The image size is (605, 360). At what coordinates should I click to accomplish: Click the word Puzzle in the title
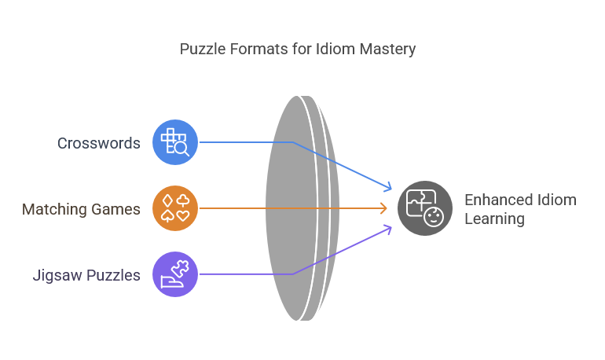(x=202, y=50)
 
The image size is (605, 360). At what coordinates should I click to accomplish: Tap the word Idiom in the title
(x=333, y=50)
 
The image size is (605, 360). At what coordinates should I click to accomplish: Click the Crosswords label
(x=99, y=143)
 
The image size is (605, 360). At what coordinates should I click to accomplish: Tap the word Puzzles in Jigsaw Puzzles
(x=115, y=275)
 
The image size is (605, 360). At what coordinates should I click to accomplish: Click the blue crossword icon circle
(x=175, y=142)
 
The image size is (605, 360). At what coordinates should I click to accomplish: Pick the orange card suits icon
(x=175, y=208)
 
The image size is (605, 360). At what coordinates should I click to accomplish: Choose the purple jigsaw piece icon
(x=175, y=274)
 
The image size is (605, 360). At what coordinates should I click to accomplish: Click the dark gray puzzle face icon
(x=425, y=208)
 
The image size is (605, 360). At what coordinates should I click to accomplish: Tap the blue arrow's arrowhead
(x=387, y=188)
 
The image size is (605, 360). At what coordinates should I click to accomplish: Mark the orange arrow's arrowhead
(x=384, y=208)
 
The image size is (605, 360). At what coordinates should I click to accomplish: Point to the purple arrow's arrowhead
(x=387, y=228)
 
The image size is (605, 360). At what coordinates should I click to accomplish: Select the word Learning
(x=494, y=219)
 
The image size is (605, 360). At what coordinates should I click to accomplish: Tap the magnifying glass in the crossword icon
(x=181, y=148)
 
